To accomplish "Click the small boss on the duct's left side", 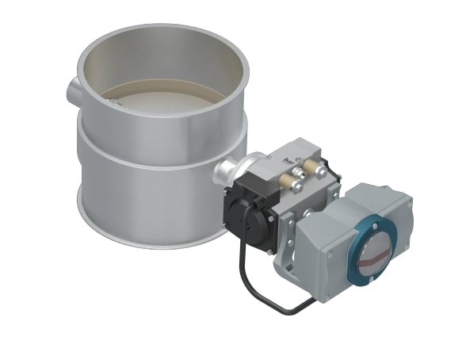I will coord(73,88).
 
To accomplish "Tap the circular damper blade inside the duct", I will coord(162,98).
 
